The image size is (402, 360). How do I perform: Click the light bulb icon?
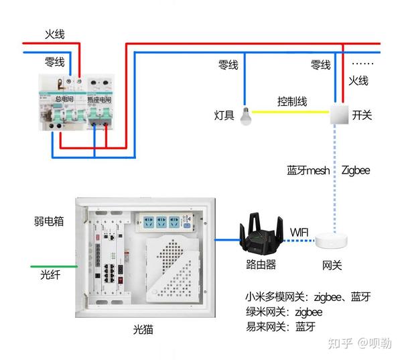pyautogui.click(x=246, y=116)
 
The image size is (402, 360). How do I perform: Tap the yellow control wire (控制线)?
pyautogui.click(x=290, y=112)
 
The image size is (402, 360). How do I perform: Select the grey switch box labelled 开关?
pyautogui.click(x=339, y=114)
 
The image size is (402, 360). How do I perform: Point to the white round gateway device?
pyautogui.click(x=331, y=241)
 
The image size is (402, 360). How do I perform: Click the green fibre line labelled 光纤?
pyautogui.click(x=54, y=267)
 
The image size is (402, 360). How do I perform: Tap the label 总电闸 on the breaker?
pyautogui.click(x=64, y=99)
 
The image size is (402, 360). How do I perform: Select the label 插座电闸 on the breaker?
pyautogui.click(x=99, y=100)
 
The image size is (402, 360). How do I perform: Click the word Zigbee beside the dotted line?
pyautogui.click(x=356, y=170)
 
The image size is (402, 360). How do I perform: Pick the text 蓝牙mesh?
pyautogui.click(x=308, y=170)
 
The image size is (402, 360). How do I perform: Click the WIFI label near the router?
pyautogui.click(x=299, y=233)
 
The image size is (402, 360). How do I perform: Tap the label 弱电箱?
pyautogui.click(x=49, y=221)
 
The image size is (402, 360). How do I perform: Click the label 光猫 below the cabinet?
pyautogui.click(x=143, y=329)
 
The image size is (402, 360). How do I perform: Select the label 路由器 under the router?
pyautogui.click(x=261, y=264)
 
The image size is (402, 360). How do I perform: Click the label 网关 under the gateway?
pyautogui.click(x=332, y=265)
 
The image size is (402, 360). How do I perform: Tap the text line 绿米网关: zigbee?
pyautogui.click(x=284, y=312)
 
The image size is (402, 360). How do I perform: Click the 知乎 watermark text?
pyautogui.click(x=340, y=343)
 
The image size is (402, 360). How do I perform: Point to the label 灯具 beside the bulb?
pyautogui.click(x=224, y=115)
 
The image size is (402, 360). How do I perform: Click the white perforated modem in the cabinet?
pyautogui.click(x=173, y=269)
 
